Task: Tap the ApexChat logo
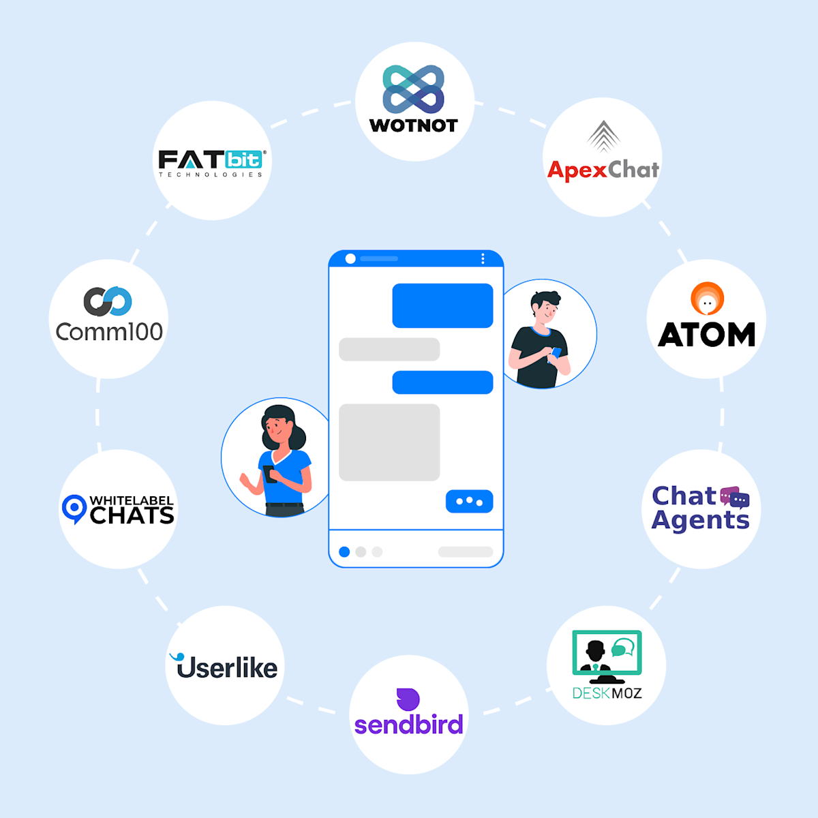click(603, 157)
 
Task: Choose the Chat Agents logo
click(701, 508)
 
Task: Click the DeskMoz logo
click(607, 665)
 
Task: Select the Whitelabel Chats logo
click(118, 509)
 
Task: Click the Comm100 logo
click(108, 317)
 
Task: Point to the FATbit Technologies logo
click(211, 162)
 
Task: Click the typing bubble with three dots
click(469, 501)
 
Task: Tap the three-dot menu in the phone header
click(483, 258)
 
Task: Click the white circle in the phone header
click(350, 258)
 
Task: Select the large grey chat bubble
click(389, 442)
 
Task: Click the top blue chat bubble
click(442, 305)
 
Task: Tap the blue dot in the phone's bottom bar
click(344, 551)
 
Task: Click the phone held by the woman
click(270, 473)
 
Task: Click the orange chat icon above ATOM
click(708, 299)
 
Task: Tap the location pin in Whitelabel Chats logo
click(74, 509)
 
